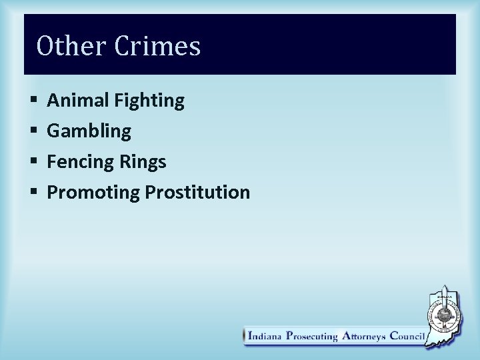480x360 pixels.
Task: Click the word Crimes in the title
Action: click(x=157, y=46)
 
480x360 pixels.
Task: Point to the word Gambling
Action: click(x=89, y=131)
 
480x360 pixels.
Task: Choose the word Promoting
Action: click(x=93, y=193)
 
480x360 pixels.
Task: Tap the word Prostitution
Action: click(x=197, y=192)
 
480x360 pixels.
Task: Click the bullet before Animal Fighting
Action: click(x=33, y=101)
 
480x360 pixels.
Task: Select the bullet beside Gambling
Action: click(x=33, y=131)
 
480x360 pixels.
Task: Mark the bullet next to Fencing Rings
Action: click(x=33, y=162)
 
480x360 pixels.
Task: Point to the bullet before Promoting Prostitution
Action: click(x=33, y=193)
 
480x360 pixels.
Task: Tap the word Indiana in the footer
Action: click(x=265, y=337)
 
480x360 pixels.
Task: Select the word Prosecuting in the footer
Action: click(x=312, y=337)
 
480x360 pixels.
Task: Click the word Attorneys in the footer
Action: click(x=364, y=337)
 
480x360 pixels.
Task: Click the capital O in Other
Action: click(x=45, y=46)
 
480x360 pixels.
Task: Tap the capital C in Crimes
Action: click(x=123, y=46)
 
